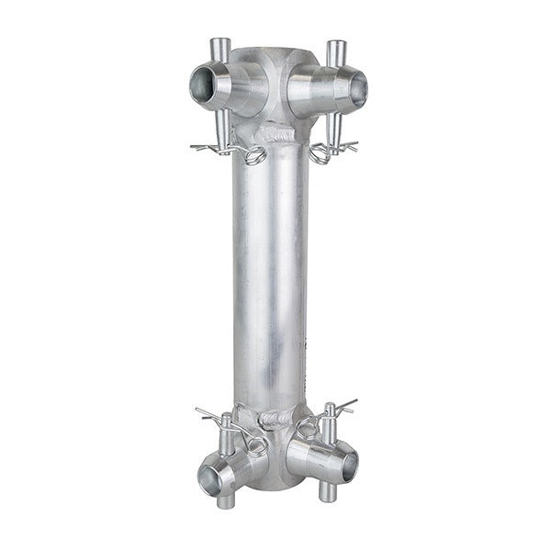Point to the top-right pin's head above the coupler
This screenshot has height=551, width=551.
coord(336,48)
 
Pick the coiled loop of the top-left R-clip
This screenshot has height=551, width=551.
coord(253,155)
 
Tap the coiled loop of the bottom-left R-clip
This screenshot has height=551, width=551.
coord(254,446)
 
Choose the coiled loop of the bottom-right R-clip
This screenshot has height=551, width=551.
coord(304,428)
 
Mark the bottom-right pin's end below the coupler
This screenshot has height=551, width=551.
coord(326,492)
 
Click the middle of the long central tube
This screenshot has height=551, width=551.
coord(270,275)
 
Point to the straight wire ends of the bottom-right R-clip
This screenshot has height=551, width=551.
coord(346,405)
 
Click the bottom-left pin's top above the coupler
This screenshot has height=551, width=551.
coord(226,421)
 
